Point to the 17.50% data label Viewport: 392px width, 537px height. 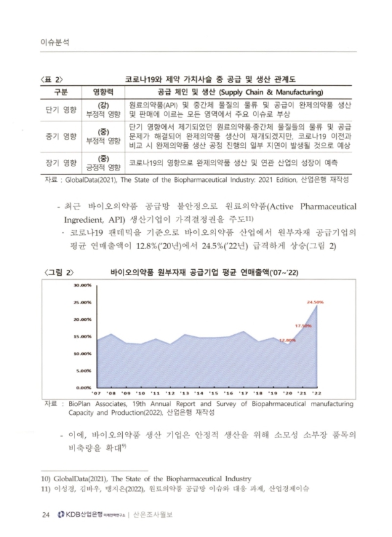303,326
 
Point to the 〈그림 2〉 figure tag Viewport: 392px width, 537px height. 56,272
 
